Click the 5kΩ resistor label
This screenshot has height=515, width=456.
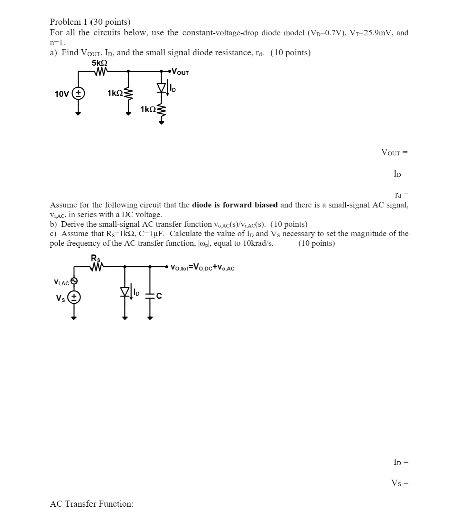pyautogui.click(x=99, y=64)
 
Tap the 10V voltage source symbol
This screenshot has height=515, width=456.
pyautogui.click(x=78, y=94)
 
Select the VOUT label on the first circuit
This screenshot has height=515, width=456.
pyautogui.click(x=180, y=72)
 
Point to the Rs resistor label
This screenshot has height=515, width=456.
pyautogui.click(x=94, y=258)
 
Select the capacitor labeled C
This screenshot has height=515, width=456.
pyautogui.click(x=149, y=295)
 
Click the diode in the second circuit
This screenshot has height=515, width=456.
pyautogui.click(x=124, y=292)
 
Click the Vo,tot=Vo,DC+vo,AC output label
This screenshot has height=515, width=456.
pyautogui.click(x=203, y=268)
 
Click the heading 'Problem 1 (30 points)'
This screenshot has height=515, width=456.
pyautogui.click(x=89, y=22)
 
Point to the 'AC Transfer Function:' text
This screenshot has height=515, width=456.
pyautogui.click(x=92, y=504)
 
